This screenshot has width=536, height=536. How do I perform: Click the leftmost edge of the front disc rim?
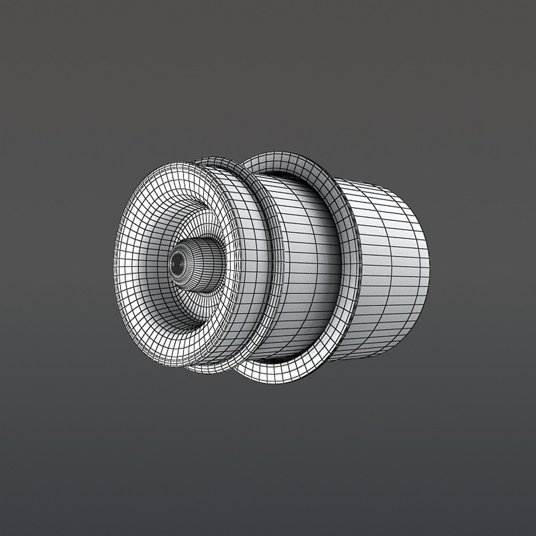[x=116, y=263]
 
